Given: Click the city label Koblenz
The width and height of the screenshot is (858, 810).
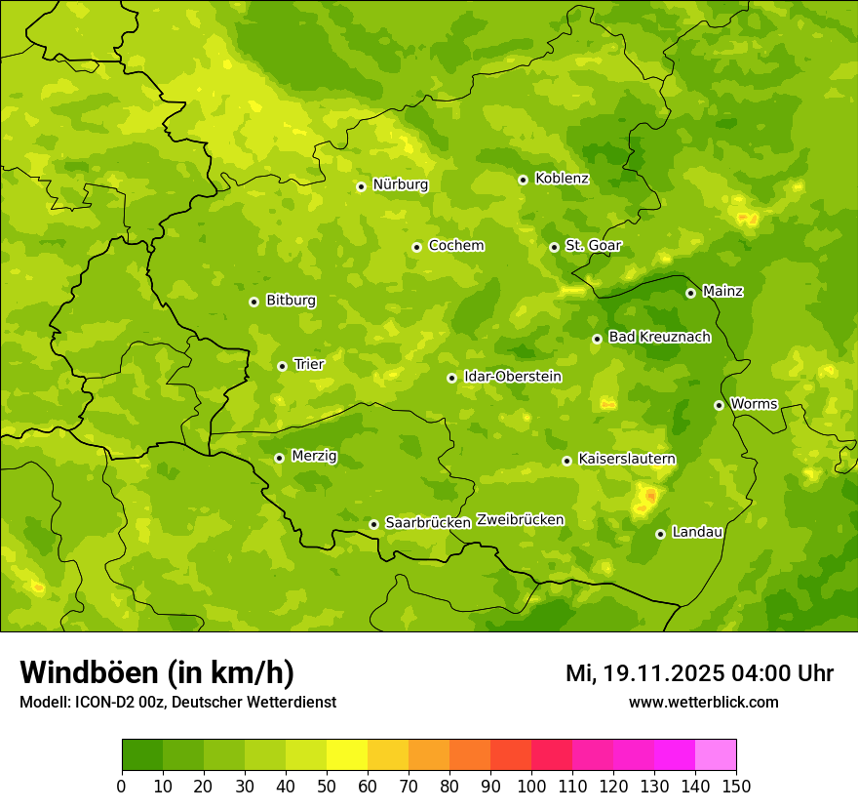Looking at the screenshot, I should [562, 179].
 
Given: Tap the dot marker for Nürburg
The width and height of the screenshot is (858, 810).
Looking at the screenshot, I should [361, 186].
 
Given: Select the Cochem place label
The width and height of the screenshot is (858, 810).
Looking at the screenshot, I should [455, 246].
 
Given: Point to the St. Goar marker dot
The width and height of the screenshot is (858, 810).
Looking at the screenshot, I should [554, 247].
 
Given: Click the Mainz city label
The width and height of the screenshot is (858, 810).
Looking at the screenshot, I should [722, 292].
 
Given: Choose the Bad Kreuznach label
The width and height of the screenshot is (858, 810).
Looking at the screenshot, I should [659, 338].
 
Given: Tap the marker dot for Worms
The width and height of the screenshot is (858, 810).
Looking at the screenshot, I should [719, 405].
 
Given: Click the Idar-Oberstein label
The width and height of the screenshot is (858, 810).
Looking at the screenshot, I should [512, 377].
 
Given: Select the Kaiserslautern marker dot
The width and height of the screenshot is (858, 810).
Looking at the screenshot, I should [566, 461].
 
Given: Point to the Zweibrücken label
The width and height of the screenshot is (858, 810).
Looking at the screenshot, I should [520, 520].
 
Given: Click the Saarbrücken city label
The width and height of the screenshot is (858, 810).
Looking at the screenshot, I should [427, 523].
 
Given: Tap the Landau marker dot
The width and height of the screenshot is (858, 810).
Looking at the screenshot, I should [660, 534].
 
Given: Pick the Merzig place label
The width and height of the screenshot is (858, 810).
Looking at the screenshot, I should [314, 457].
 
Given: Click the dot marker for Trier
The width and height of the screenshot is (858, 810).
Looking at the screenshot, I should [282, 366].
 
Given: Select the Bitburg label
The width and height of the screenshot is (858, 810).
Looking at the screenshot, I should [291, 301].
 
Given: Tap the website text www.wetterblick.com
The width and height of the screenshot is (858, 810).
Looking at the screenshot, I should [703, 703].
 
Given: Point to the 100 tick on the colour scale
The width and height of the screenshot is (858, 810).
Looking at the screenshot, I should [531, 786].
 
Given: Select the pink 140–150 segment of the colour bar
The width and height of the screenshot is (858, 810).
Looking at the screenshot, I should [716, 755].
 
